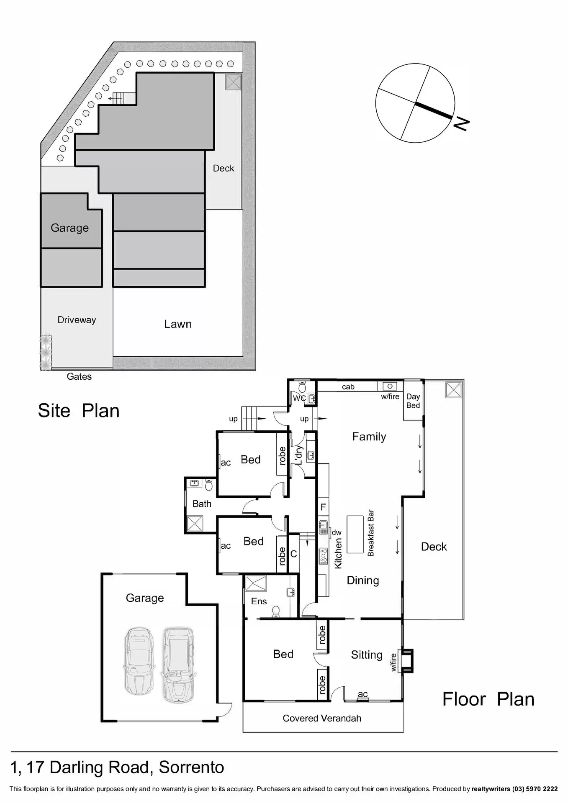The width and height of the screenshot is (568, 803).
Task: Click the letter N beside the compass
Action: pos(461,124)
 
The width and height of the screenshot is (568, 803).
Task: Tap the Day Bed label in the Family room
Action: pos(413,401)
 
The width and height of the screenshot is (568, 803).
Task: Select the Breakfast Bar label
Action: pos(370,533)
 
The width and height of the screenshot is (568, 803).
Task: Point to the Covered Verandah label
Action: pos(322,718)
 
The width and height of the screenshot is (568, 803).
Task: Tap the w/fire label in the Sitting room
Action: pos(393,662)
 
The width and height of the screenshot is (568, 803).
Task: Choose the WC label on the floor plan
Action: pos(299,398)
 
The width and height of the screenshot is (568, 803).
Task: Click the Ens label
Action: pos(259,601)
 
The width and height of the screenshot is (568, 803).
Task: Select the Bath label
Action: pos(202,504)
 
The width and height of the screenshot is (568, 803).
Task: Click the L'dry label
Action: pos(299,455)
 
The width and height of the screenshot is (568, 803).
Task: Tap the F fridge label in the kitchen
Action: pos(323,507)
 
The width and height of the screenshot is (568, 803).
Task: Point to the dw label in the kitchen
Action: pos(337,532)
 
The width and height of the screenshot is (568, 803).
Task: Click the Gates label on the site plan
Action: pos(79,376)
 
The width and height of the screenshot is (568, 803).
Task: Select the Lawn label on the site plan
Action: pos(178,324)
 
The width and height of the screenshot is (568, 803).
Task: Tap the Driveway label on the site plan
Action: pos(77,320)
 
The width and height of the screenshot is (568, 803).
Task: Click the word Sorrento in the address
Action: pos(191,767)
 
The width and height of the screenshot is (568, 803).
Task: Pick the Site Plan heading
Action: pos(79,411)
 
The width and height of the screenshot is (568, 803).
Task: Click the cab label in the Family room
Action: pos(348,387)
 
